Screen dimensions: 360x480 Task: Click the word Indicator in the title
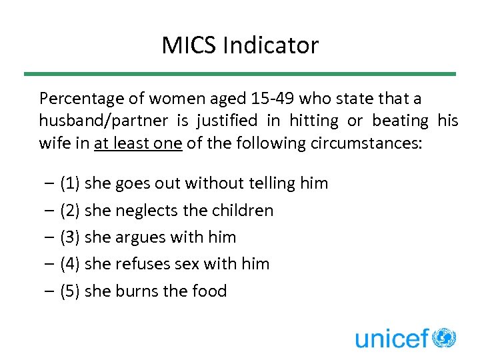click(x=271, y=45)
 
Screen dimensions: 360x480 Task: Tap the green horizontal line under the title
click(x=240, y=74)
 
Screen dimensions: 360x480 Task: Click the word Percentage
click(x=82, y=99)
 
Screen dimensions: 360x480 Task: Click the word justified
click(x=227, y=121)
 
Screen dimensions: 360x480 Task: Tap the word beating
click(x=400, y=121)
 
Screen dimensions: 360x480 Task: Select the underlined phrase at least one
click(x=139, y=143)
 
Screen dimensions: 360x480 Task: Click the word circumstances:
click(x=366, y=143)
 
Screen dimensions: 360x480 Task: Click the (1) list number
click(x=70, y=183)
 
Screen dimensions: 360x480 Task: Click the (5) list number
click(x=70, y=291)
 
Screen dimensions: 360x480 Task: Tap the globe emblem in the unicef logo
click(x=444, y=338)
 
